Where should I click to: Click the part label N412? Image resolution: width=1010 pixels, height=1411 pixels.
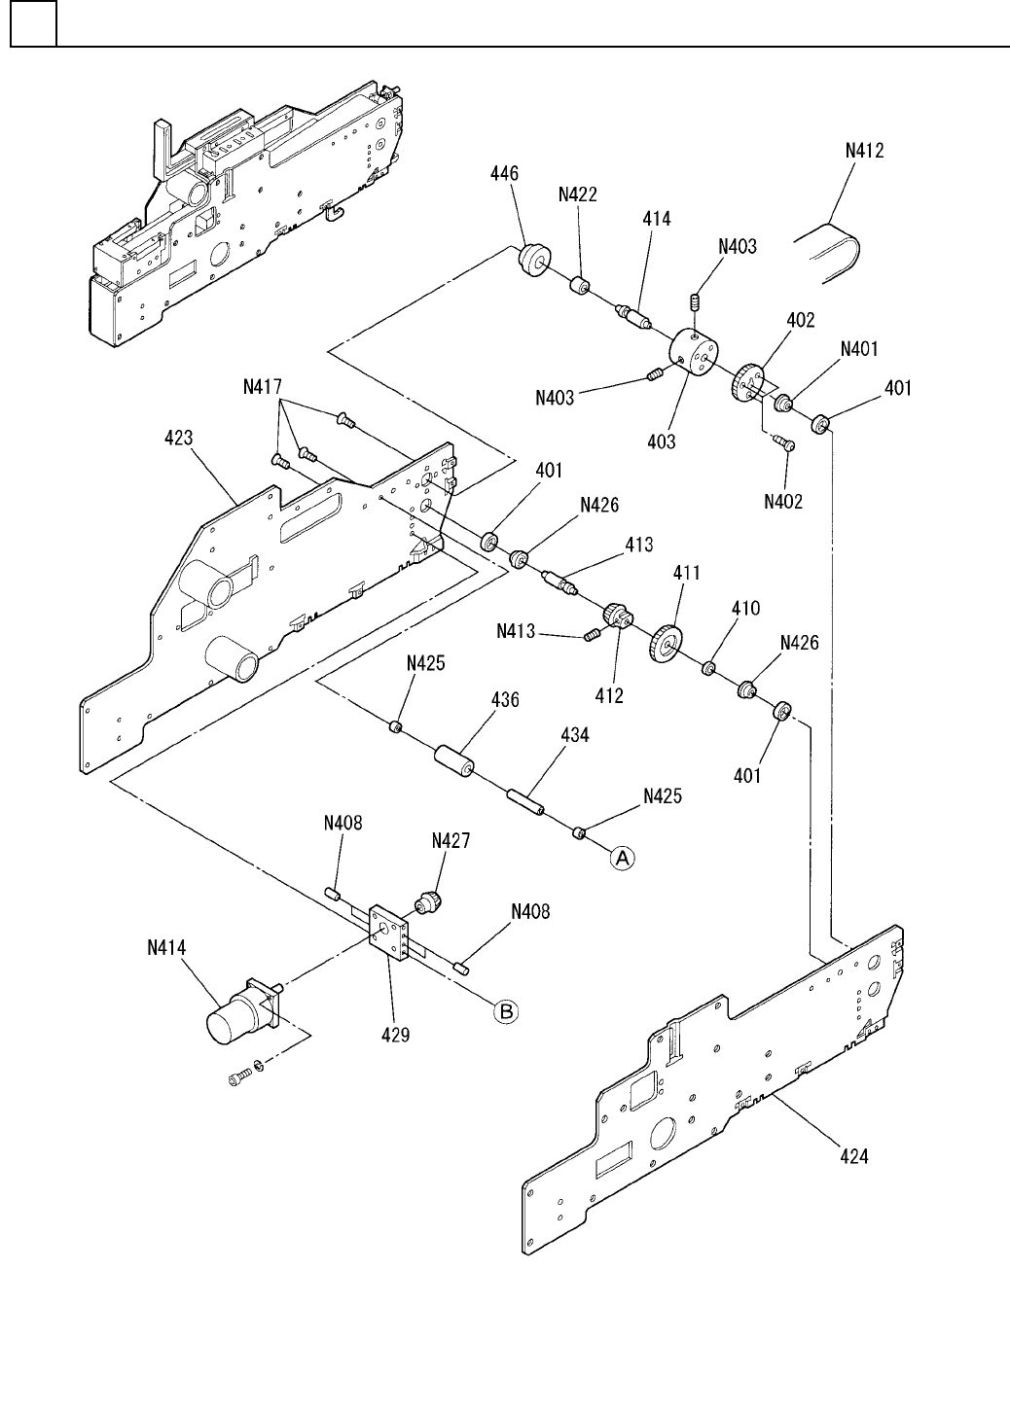pos(864,151)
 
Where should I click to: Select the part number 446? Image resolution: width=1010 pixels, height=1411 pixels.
pos(503,174)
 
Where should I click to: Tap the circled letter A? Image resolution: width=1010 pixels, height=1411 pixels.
pos(623,857)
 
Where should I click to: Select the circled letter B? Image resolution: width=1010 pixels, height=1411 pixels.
pos(507,1011)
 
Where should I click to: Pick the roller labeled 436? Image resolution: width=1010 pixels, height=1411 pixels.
pos(453,761)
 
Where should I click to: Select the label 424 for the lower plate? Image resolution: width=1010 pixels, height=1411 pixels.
pos(854,1156)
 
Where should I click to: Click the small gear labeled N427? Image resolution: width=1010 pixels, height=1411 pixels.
pos(429,900)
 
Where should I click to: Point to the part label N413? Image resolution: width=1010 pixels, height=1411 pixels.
pos(515,631)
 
